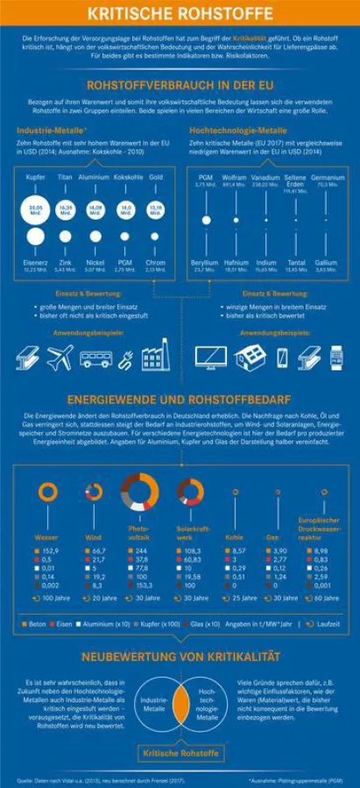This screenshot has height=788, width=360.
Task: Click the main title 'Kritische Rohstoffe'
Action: [x=180, y=13]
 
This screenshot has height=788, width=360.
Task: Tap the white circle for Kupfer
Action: [x=36, y=209]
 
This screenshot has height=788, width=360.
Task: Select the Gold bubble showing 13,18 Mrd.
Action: [x=155, y=209]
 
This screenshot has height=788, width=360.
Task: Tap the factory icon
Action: [x=155, y=356]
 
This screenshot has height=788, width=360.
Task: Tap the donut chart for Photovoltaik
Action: [x=139, y=492]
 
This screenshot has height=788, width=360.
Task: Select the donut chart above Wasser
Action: [x=47, y=493]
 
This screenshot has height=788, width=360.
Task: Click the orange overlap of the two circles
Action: [x=180, y=704]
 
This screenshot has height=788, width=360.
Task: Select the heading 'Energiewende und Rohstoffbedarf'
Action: [x=180, y=397]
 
